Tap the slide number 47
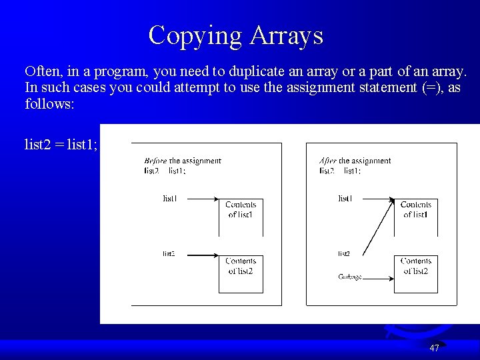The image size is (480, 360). tap(434, 348)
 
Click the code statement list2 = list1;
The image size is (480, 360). tap(61, 144)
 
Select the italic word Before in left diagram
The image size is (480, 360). tap(155, 161)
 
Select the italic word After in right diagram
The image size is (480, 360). tap(328, 161)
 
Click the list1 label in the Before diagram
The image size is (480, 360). tap(170, 198)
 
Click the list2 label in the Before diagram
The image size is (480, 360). tap(169, 253)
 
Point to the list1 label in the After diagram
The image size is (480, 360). tap(345, 198)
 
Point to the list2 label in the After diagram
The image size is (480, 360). tap(344, 253)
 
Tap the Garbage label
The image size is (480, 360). tap(349, 277)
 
